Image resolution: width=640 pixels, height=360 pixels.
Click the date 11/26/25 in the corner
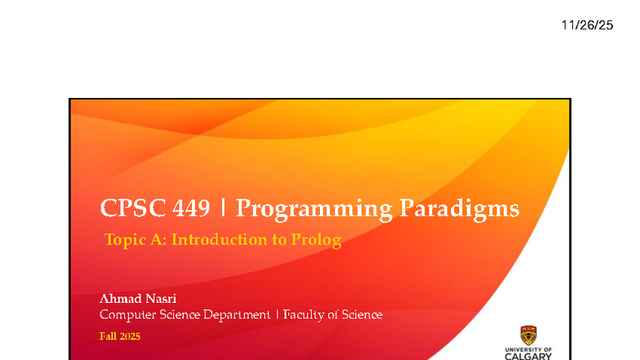[587, 25]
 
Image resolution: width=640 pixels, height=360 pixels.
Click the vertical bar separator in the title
[224, 209]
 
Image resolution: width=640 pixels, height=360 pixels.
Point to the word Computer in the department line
[127, 314]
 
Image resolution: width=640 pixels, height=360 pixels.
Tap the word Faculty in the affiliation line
[304, 314]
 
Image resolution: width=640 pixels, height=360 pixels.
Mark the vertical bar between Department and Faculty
[276, 314]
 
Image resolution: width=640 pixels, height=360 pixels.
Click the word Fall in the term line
[108, 336]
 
